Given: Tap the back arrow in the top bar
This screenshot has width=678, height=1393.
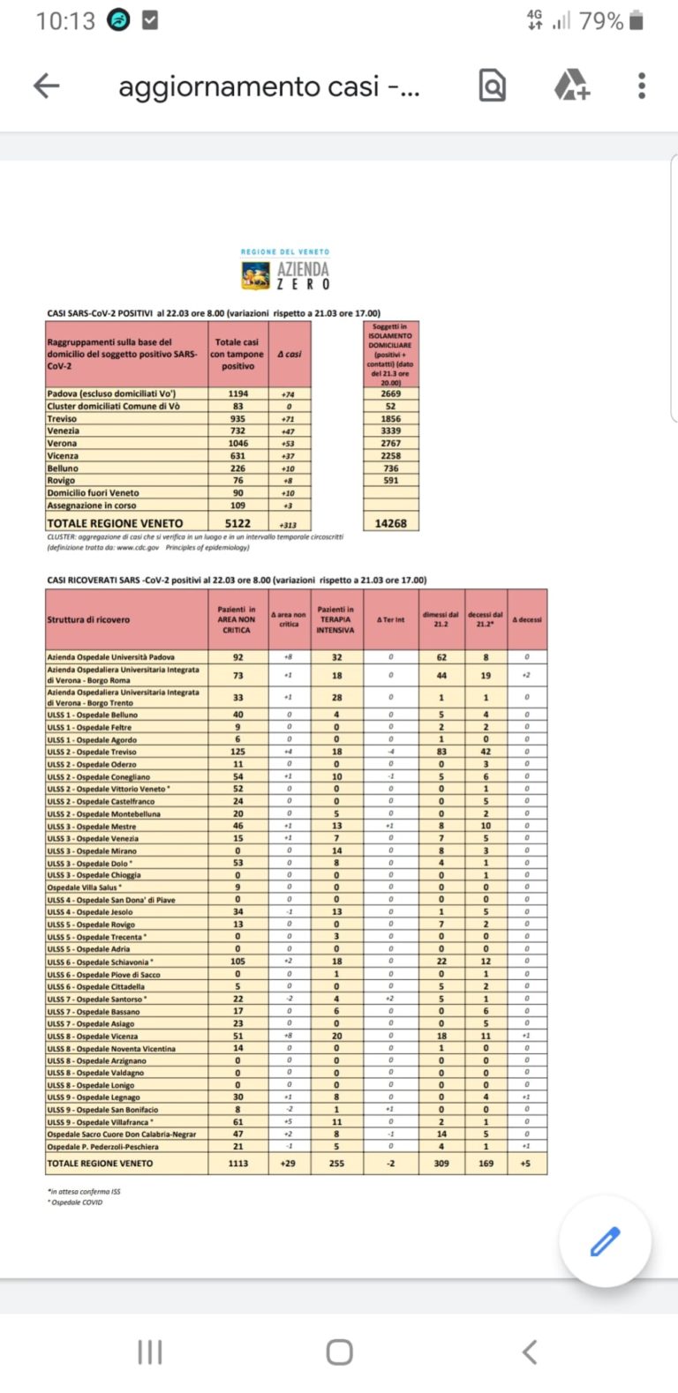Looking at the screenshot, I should pos(47,86).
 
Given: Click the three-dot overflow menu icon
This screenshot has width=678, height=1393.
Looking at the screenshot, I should pos(642,86).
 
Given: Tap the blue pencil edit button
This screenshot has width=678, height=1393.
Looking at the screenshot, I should pos(605,1241).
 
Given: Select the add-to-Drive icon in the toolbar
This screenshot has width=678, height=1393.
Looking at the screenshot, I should pos(571,86).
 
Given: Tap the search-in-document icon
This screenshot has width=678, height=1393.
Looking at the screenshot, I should pos(493,86).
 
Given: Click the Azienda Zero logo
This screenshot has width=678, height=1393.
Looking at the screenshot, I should pos(286,271).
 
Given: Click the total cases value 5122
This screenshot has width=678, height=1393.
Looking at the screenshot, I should pos(237,523).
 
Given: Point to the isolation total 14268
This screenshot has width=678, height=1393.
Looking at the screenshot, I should pos(391,523).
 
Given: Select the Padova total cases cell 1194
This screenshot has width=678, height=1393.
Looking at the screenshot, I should pos(237,394).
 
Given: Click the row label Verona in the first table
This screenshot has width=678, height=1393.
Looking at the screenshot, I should pos(63,444).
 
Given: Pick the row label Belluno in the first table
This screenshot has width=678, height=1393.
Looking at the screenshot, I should pos(64,468).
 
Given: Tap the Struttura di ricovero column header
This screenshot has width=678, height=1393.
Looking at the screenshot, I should pos(88,620).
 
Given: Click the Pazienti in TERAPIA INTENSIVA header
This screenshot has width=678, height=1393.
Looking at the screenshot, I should pos(335,620).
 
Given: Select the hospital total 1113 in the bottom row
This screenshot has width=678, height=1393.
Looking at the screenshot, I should pos(237,1164).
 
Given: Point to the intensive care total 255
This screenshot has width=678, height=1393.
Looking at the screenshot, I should pos(336,1164).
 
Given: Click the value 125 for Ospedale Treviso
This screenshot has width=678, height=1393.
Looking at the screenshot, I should pos(237,752).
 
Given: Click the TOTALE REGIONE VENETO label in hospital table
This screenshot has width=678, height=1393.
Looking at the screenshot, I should pos(100,1164).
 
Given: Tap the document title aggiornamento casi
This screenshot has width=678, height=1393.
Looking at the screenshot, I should pos(268,86).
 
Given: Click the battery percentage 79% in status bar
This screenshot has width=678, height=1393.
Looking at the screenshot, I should pos(601,21).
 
